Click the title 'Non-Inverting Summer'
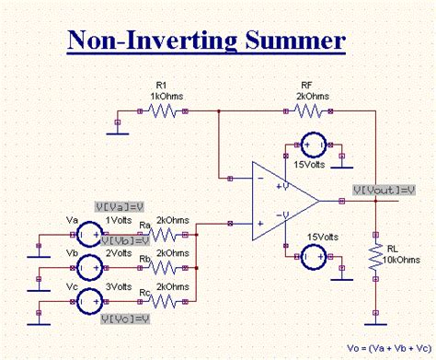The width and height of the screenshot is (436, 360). coord(207,41)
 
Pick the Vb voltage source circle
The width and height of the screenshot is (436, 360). coord(88,267)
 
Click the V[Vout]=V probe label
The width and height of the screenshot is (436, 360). coord(384,190)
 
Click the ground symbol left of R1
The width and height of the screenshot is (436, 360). coord(117,127)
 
